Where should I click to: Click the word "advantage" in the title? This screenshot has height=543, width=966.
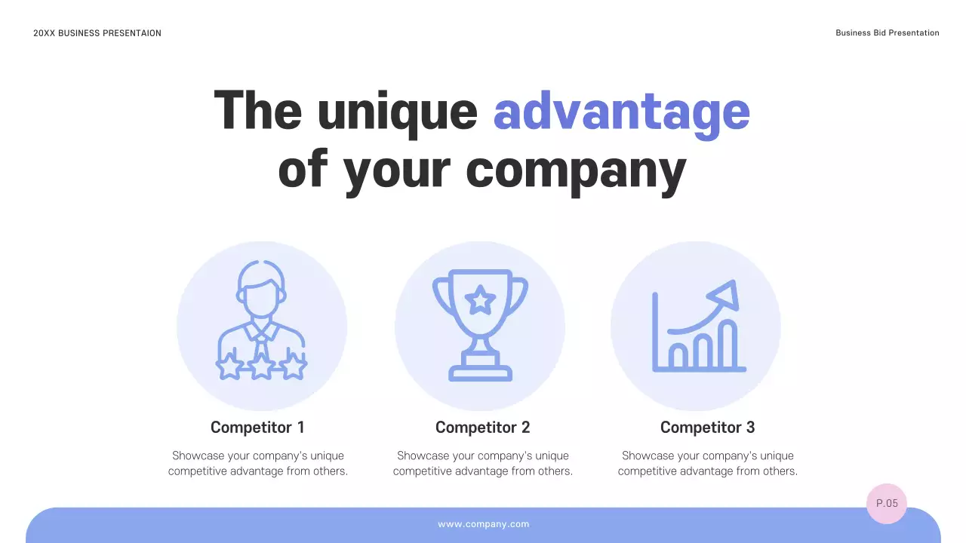click(621, 112)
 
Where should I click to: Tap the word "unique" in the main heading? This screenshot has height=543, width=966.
click(398, 112)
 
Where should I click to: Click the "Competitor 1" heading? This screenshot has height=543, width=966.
click(257, 428)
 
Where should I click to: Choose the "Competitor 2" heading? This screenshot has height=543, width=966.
click(482, 428)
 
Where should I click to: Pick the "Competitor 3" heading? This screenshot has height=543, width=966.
click(707, 428)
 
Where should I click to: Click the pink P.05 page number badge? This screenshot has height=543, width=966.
click(887, 503)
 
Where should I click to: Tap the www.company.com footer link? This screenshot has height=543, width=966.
click(483, 524)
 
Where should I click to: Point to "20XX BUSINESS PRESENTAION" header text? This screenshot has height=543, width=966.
click(97, 33)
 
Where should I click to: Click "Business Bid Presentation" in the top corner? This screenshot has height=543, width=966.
click(887, 33)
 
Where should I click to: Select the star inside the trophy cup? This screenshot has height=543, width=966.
click(480, 301)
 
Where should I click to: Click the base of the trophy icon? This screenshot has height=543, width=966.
click(480, 372)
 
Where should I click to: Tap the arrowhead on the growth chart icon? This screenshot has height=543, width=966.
click(725, 294)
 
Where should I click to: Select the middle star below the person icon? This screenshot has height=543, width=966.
click(261, 367)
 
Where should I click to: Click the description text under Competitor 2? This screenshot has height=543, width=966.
click(482, 463)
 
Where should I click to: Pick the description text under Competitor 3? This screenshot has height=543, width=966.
click(707, 463)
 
